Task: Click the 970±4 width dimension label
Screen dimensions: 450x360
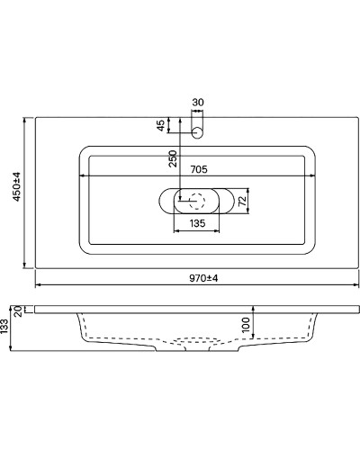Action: [x=203, y=277]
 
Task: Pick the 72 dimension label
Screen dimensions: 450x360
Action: [x=242, y=199]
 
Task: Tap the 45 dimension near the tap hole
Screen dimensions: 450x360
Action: [x=163, y=125]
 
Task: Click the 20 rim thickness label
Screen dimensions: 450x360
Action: [x=19, y=312]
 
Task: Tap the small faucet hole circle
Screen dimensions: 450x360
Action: [x=198, y=131]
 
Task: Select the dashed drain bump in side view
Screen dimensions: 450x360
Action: [x=196, y=342]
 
